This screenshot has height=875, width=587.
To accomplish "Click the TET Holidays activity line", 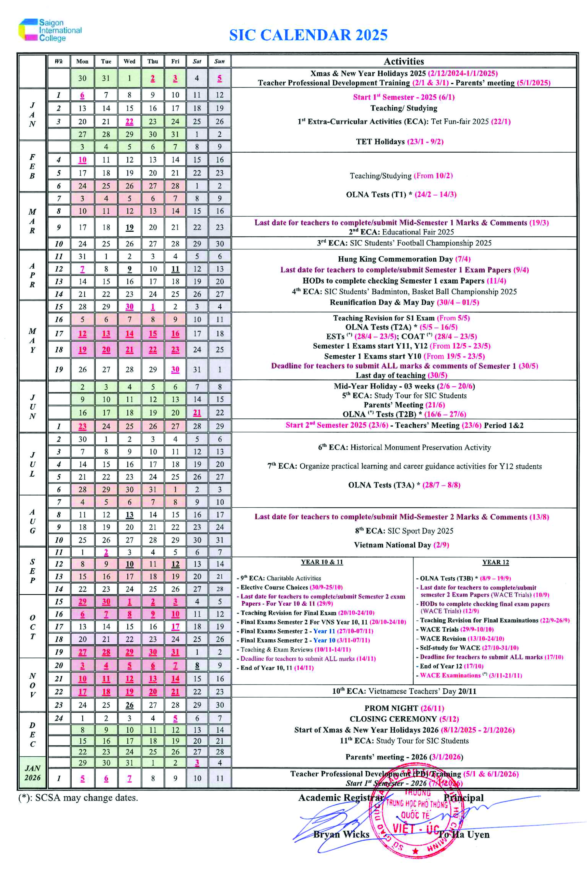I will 399,142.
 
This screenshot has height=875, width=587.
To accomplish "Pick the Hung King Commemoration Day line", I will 404,259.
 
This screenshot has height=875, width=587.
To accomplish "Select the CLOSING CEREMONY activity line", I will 404,719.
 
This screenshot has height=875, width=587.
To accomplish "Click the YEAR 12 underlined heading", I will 495,562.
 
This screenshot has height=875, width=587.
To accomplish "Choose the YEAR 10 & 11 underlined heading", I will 322,562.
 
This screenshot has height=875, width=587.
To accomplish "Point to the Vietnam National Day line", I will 401,545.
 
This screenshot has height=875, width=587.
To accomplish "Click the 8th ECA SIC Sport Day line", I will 404,531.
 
